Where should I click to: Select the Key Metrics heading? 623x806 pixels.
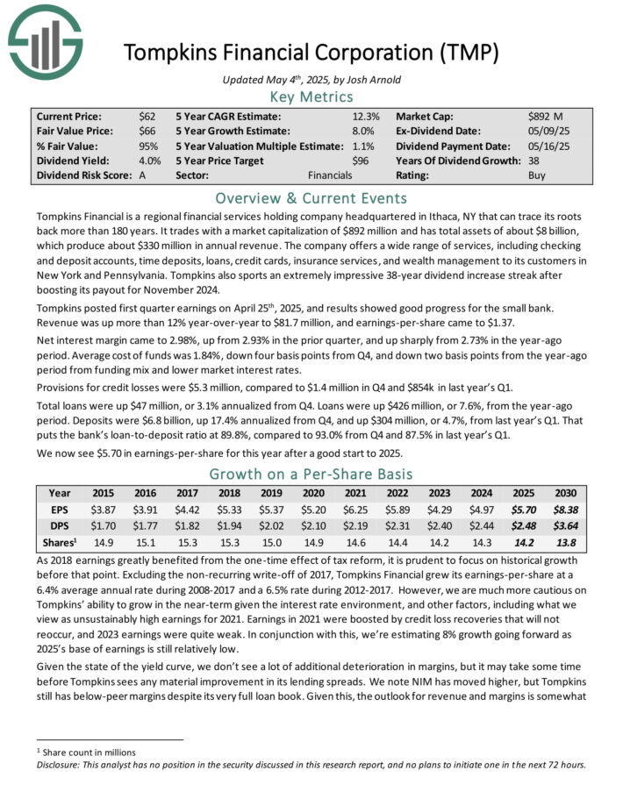click(311, 96)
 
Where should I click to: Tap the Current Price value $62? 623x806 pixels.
click(147, 116)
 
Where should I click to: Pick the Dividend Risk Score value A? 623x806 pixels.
click(142, 175)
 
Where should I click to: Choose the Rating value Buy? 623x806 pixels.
click(537, 175)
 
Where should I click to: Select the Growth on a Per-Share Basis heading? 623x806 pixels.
click(311, 474)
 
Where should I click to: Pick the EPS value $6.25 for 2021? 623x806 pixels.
click(382, 509)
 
